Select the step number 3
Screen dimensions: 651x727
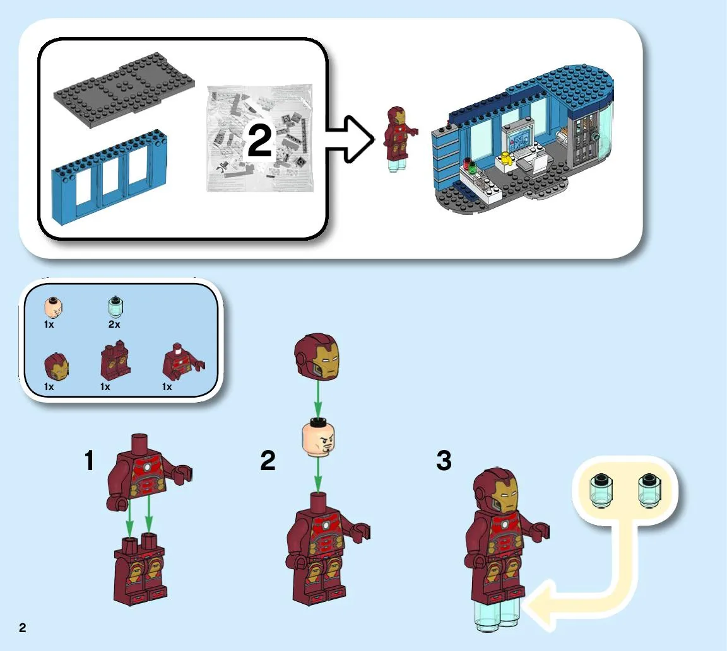pos(444,461)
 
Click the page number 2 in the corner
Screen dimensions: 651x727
pos(23,627)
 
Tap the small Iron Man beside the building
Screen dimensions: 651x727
pos(397,136)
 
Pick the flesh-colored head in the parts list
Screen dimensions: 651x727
pos(54,308)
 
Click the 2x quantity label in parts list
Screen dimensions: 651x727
pos(114,324)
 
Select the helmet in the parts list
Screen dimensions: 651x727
pos(55,367)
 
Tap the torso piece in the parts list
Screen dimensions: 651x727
pos(180,362)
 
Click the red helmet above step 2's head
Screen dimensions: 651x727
pos(319,357)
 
